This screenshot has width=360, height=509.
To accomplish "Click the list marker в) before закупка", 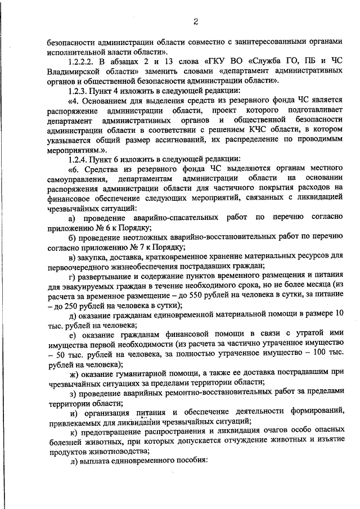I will click(x=71, y=256).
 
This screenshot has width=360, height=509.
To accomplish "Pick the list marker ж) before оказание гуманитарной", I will click(x=72, y=372).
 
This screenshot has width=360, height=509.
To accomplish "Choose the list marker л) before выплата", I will click(x=73, y=459).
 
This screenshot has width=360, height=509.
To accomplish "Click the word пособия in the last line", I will click(x=191, y=459).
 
